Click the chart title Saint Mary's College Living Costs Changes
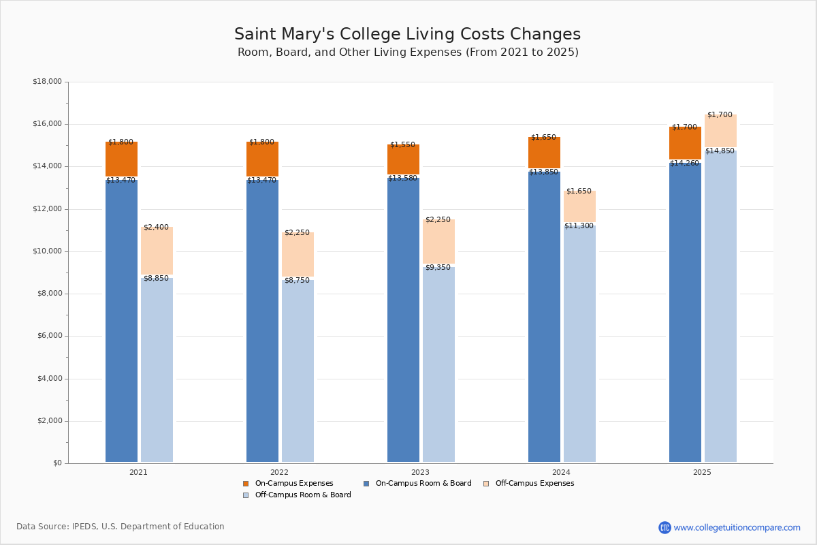click(x=407, y=34)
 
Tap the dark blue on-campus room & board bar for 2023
click(x=403, y=320)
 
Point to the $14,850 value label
click(x=720, y=151)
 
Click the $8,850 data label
click(x=156, y=278)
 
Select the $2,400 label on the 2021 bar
click(x=156, y=227)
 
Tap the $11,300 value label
click(x=579, y=225)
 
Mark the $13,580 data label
click(x=402, y=178)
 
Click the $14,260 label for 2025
click(x=684, y=163)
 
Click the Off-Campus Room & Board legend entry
click(x=302, y=495)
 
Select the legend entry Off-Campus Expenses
click(x=534, y=483)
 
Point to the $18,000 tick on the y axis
click(x=47, y=82)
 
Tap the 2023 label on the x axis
click(x=420, y=471)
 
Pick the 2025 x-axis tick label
click(x=702, y=471)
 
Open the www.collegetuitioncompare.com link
click(x=737, y=527)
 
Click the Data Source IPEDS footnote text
click(x=121, y=527)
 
